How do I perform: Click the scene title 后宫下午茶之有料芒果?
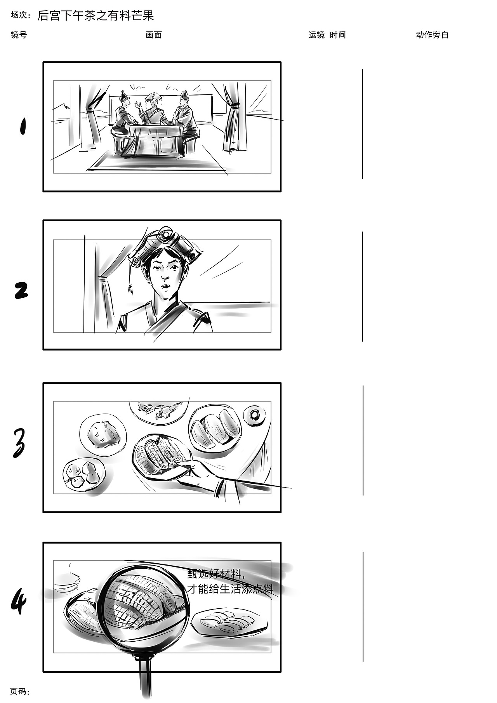[96, 16]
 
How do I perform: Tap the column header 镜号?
[19, 35]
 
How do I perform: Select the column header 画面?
[154, 35]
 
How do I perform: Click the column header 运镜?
[316, 35]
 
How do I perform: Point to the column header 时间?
[338, 35]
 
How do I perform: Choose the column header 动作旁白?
[432, 35]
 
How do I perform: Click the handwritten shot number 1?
[23, 126]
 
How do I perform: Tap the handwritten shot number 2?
[21, 290]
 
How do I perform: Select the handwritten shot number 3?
[19, 443]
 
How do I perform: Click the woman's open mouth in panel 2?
[165, 287]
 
